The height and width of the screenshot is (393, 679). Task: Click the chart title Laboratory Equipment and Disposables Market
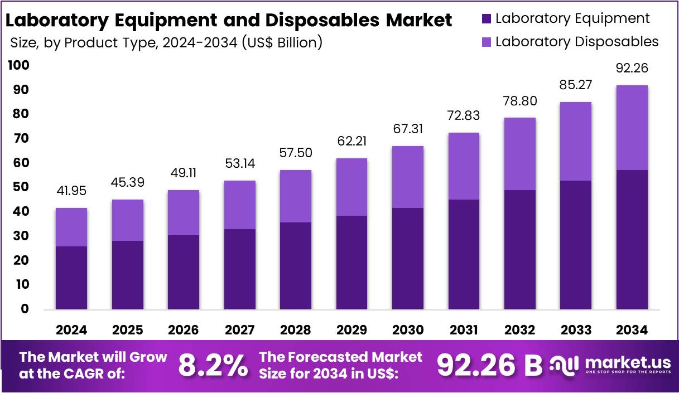[x=229, y=20]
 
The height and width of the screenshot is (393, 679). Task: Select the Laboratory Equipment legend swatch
[x=485, y=19]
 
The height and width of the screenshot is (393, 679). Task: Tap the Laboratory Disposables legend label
[x=577, y=42]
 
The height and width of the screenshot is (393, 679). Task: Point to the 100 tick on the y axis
[x=18, y=66]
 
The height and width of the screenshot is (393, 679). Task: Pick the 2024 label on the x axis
[x=71, y=330]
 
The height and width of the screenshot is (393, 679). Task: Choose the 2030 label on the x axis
[x=407, y=330]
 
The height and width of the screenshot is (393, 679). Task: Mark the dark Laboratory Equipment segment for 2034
[x=632, y=240]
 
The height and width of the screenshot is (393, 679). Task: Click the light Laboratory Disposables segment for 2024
[x=71, y=227]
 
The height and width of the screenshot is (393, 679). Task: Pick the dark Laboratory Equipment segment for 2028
[x=295, y=266]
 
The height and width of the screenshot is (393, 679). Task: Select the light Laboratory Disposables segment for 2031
[x=464, y=166]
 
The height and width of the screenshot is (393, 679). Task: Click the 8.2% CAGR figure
[x=213, y=366]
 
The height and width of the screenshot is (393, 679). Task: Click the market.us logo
[x=610, y=366]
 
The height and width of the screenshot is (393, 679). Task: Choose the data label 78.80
[x=519, y=103]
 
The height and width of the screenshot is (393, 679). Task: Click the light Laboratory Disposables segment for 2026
[x=183, y=213]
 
